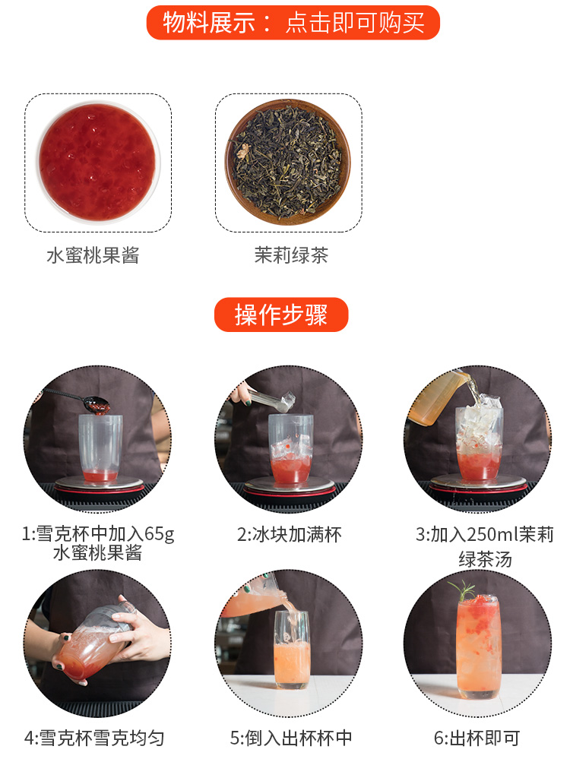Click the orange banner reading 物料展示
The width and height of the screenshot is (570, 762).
pos(293,22)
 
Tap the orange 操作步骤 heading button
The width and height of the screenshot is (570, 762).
pos(281,315)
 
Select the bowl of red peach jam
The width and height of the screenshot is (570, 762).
pos(99,163)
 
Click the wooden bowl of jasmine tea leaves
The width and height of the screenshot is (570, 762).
pos(287,162)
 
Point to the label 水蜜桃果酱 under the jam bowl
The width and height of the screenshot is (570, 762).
pos(93,255)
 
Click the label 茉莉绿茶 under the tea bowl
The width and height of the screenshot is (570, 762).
pos(291,255)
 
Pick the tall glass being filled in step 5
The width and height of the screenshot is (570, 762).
pos(291,650)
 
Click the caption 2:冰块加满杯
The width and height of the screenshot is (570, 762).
pos(290,535)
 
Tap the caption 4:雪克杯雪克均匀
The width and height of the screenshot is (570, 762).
pos(94,738)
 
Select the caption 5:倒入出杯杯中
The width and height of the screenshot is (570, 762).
pos(291,738)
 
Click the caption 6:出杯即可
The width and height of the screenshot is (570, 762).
pos(477,738)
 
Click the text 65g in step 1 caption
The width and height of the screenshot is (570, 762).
pos(159,534)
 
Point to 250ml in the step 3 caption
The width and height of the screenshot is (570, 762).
pos(492,535)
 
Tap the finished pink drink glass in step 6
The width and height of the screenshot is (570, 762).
pos(478,647)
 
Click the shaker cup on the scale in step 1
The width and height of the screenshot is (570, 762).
pos(100,447)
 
